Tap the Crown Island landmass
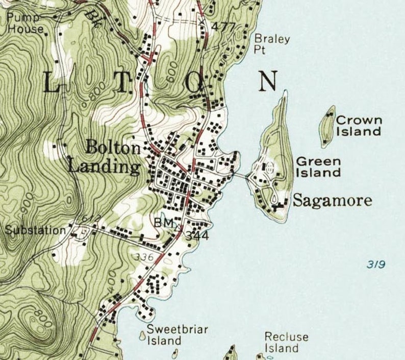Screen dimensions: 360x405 point(327,125)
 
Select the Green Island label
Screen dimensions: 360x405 point(318,167)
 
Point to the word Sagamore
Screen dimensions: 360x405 point(332,201)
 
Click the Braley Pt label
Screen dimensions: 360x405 point(272,44)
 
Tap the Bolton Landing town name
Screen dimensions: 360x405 point(105,157)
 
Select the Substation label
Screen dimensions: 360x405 point(35,230)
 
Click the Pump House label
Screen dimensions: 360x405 point(25,23)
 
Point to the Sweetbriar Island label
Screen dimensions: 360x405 point(170,334)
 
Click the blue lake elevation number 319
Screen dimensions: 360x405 point(375,264)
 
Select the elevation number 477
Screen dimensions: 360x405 point(224,27)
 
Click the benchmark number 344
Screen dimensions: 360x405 point(197,236)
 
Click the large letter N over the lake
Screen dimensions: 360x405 point(268,81)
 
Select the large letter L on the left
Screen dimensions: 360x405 point(51,82)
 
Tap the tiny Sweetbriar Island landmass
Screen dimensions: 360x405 point(142,335)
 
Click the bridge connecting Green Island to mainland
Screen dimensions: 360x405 point(240,176)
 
